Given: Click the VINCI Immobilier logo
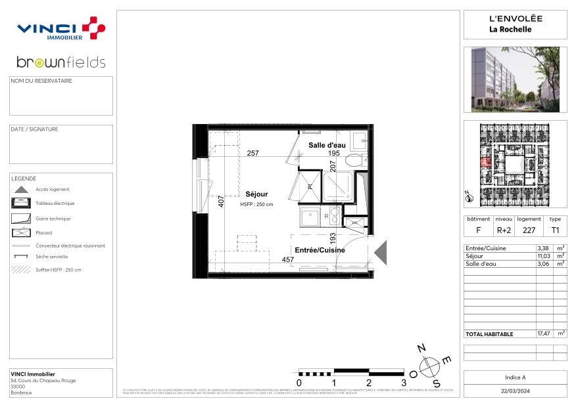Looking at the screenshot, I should pyautogui.click(x=60, y=29).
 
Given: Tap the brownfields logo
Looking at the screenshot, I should pyautogui.click(x=60, y=62).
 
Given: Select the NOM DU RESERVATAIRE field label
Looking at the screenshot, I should pyautogui.click(x=41, y=81).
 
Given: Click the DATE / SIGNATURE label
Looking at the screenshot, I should pyautogui.click(x=35, y=129).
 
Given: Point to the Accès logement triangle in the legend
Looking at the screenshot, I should pyautogui.click(x=21, y=189).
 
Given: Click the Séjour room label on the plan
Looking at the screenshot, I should pyautogui.click(x=256, y=194).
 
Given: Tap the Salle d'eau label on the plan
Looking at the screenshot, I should pyautogui.click(x=327, y=145).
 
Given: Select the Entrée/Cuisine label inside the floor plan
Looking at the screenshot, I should pyautogui.click(x=320, y=250).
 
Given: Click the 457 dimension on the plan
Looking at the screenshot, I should pyautogui.click(x=287, y=260).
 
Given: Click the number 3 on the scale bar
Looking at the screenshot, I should pyautogui.click(x=404, y=382).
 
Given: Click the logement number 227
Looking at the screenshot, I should pyautogui.click(x=529, y=230).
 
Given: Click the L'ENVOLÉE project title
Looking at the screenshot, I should pyautogui.click(x=515, y=19).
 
